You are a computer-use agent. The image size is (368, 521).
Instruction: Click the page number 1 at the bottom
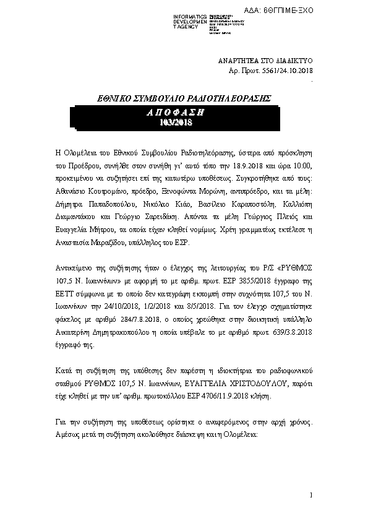[x=312, y=495]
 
